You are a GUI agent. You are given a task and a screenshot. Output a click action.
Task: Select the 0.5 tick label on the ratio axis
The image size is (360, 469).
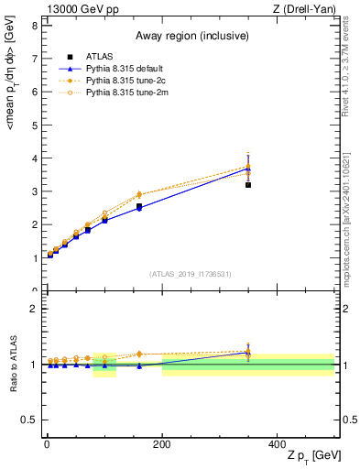tap(29, 420)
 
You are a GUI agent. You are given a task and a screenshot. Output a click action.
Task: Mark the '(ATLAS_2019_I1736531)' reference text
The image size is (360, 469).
tap(189, 274)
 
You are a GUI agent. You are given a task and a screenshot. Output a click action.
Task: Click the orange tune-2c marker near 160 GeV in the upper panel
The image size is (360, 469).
tap(139, 194)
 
